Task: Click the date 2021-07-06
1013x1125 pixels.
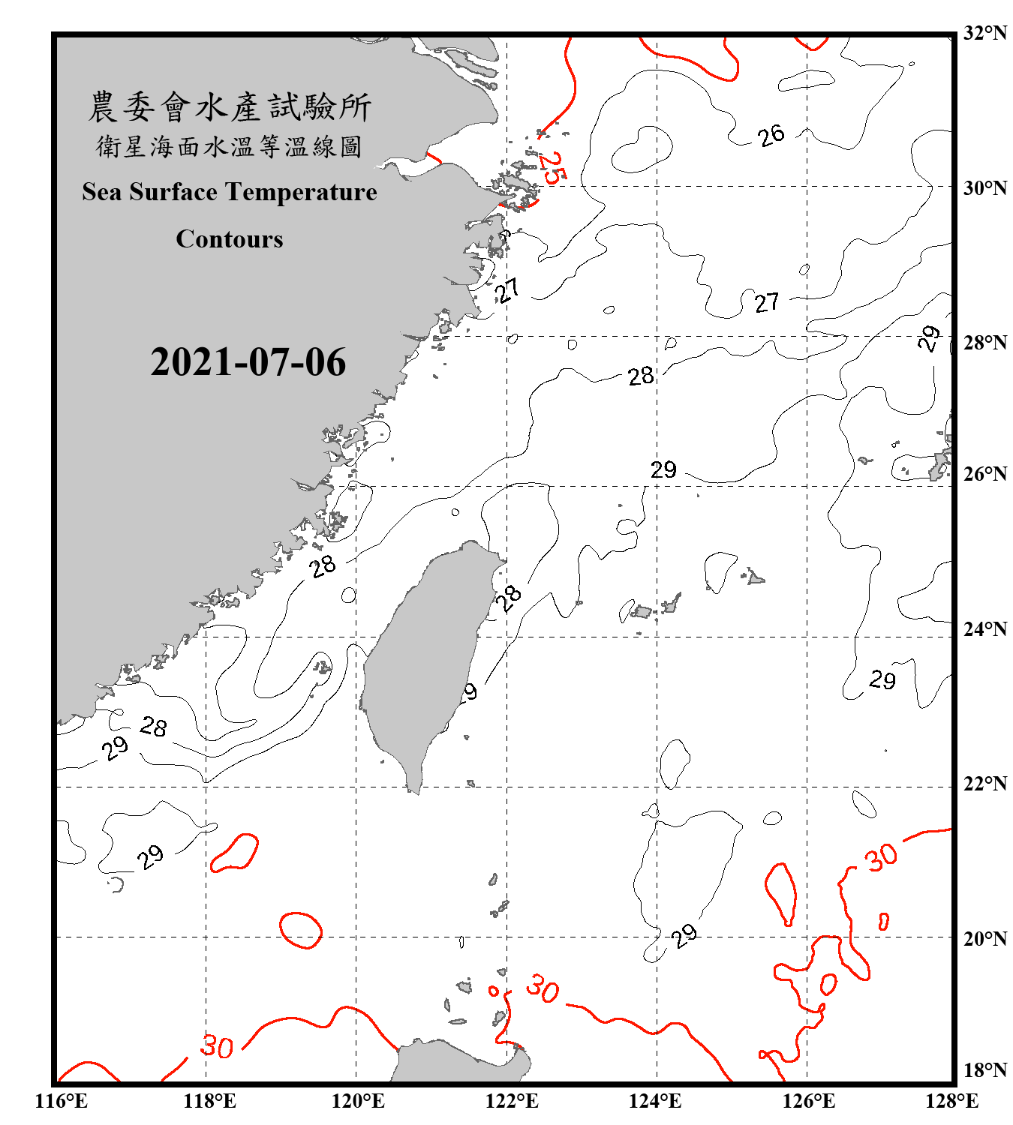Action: [248, 362]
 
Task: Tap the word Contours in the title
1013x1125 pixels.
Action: [230, 239]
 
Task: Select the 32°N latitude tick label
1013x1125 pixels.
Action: [985, 33]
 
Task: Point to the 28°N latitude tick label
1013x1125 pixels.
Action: [985, 343]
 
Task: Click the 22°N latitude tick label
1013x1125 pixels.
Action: [985, 784]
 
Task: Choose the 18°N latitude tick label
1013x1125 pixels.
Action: [985, 1070]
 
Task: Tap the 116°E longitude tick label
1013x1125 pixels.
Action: [62, 1101]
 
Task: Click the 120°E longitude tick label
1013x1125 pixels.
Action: [358, 1101]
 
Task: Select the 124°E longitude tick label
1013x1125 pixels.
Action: [655, 1101]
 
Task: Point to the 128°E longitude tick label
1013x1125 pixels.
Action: [951, 1101]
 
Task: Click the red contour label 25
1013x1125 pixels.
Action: [552, 168]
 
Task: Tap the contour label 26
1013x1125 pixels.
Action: [771, 136]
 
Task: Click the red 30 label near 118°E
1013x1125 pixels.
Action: [217, 1046]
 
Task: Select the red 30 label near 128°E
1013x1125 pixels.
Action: [881, 856]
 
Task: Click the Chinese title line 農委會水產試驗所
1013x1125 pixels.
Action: [230, 107]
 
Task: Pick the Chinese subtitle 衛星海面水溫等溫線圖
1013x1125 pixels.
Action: [230, 146]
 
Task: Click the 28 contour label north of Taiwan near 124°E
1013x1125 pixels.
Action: [641, 376]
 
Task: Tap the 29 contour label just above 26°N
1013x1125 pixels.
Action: [663, 470]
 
